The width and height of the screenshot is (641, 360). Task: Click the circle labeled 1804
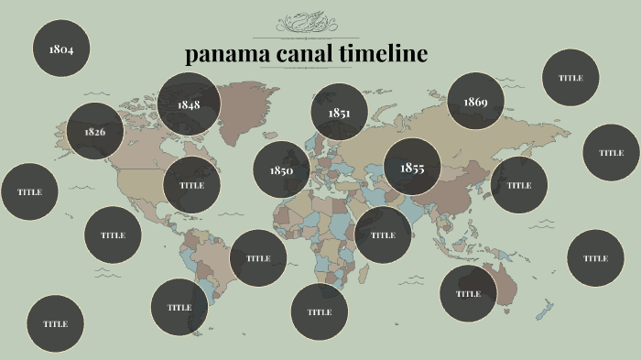61,49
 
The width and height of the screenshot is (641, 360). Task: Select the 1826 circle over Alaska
94,131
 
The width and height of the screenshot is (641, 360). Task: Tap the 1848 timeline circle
189,104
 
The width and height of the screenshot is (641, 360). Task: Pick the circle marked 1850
281,170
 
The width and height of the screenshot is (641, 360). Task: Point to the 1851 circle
339,113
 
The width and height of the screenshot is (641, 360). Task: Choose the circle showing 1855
412,168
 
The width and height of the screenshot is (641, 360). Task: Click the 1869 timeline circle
475,102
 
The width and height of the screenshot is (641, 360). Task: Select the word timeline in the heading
385,54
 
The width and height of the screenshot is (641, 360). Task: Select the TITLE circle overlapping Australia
468,294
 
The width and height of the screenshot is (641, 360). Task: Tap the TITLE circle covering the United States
191,185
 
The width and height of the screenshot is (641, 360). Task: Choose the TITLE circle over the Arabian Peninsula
383,235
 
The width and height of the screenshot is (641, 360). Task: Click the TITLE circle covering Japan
519,185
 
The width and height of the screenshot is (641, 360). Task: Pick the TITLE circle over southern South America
179,307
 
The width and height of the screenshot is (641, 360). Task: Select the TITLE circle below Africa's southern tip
319,311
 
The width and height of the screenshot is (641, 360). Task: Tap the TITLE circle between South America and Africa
258,258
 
